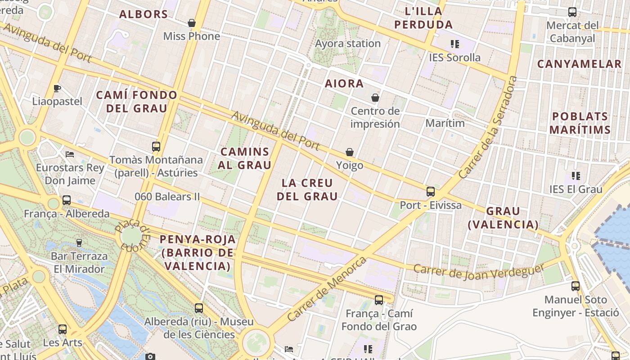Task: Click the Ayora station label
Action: point(348,44)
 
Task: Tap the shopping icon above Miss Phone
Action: point(192,23)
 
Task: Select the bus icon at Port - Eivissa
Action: point(431,192)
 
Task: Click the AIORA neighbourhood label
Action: point(344,84)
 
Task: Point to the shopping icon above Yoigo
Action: point(350,152)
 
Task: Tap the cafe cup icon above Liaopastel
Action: point(57,88)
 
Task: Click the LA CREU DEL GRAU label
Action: point(307,189)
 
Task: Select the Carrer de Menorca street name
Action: point(327,288)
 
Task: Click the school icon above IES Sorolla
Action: point(455,44)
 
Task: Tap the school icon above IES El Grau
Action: point(576,175)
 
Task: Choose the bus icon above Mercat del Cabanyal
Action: point(572,12)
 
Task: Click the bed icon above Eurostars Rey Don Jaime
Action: point(70,154)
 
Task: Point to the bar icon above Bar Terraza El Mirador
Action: point(79,243)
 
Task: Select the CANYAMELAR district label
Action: point(579,64)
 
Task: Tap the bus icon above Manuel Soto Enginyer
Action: point(576,286)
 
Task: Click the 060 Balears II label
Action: point(167,197)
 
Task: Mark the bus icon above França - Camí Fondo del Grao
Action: point(379,300)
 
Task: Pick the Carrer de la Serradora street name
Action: point(488,127)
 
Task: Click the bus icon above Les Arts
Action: point(63,329)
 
